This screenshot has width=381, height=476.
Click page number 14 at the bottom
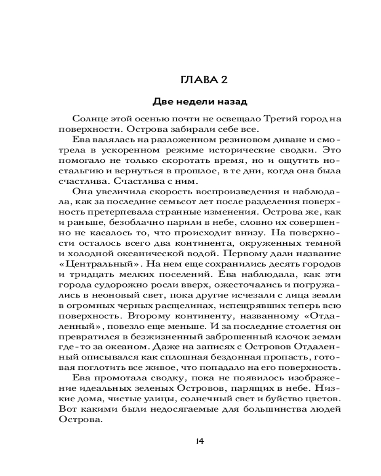click(x=200, y=441)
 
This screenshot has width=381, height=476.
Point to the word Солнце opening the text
click(x=91, y=119)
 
